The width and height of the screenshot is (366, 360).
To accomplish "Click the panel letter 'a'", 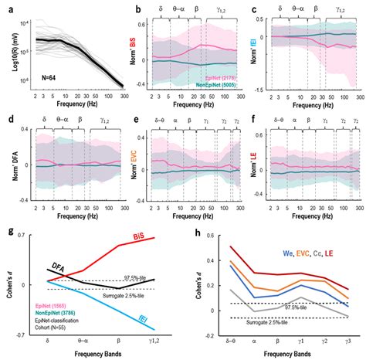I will [x=6, y=6].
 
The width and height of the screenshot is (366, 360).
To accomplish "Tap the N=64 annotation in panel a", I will [x=45, y=73].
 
